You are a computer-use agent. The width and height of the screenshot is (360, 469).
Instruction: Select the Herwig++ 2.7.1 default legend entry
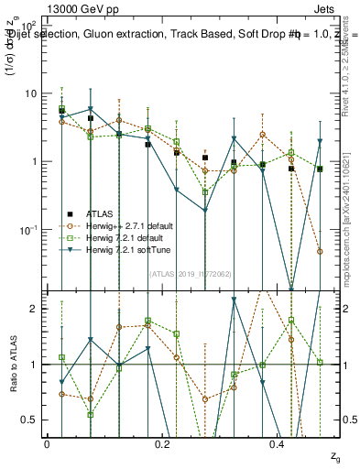tap(128, 224)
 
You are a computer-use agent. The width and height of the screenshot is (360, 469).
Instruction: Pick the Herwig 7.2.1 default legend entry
tap(125, 237)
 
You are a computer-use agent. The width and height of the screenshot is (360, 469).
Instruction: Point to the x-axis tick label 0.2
tap(162, 443)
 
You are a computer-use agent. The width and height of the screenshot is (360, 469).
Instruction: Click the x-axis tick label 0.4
tap(278, 443)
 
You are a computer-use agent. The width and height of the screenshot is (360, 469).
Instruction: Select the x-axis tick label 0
tap(47, 443)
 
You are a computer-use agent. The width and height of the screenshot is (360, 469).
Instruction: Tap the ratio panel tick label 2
tap(33, 309)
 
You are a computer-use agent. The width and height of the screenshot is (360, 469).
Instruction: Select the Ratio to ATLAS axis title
tap(12, 365)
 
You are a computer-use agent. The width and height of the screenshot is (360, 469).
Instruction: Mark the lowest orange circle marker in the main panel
tap(320, 251)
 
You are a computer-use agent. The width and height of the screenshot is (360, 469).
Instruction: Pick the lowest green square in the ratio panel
tap(90, 414)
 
